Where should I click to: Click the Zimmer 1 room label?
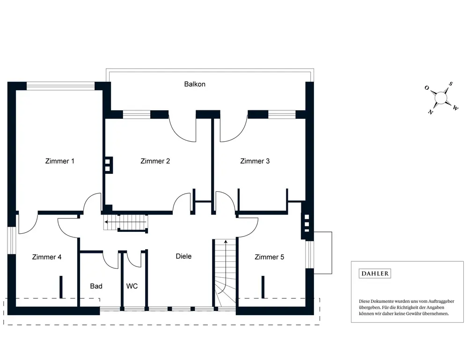60,161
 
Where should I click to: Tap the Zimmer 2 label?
155,161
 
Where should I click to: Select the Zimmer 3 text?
255,161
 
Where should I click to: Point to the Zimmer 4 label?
47,257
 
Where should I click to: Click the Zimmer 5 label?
269,257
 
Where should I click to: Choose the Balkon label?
195,84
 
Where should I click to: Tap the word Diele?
183,256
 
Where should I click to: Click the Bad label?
96,286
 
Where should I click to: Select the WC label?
132,286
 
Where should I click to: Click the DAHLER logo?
375,274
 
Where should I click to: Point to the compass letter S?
451,84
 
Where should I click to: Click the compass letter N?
430,112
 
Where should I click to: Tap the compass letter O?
427,88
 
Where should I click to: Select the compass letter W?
455,108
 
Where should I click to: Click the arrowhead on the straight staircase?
106,222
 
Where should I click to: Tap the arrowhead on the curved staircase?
226,242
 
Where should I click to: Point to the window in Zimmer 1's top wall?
60,86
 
